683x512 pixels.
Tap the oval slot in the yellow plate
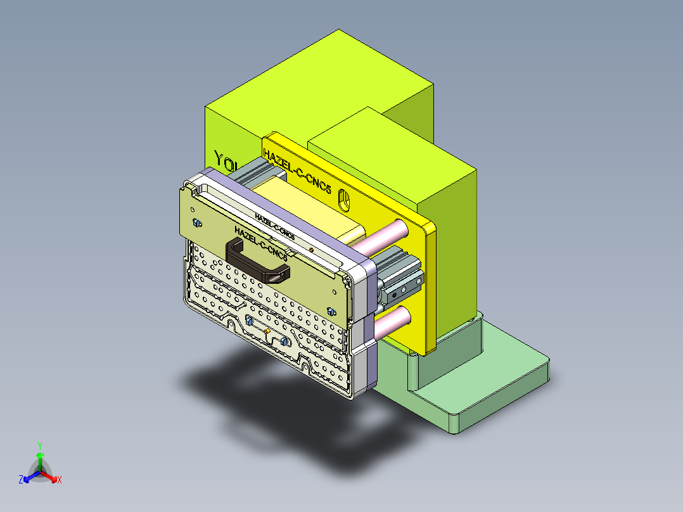[x=344, y=200]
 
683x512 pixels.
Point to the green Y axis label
[x=39, y=445]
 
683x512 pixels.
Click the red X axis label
[x=60, y=480]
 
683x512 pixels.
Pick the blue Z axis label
[x=21, y=480]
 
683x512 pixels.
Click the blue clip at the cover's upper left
[x=196, y=222]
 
